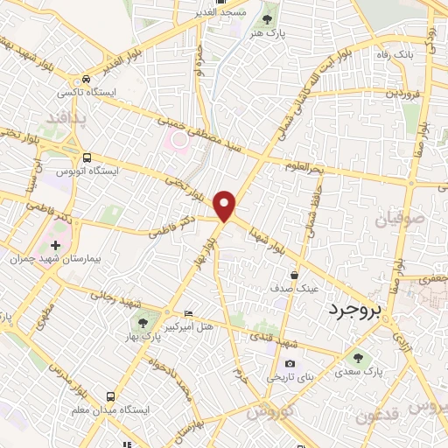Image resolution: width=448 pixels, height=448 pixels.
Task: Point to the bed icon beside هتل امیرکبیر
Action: pos(188,314)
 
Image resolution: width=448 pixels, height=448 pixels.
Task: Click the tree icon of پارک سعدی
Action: pos(356,357)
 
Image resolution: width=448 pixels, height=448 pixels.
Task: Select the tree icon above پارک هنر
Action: pos(268,15)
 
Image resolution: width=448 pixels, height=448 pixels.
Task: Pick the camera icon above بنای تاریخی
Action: pos(290,364)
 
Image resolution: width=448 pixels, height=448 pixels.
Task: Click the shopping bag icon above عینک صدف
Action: pos(304,273)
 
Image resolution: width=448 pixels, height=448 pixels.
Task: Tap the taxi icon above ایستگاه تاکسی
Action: pos(85,78)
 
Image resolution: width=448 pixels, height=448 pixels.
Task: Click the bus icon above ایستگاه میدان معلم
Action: pos(109,396)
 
